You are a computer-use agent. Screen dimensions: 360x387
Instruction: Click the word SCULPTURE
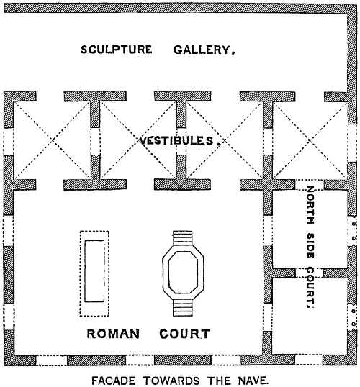(116, 50)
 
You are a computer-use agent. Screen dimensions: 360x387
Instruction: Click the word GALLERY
(204, 50)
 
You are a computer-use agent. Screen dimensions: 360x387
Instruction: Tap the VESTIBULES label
(179, 141)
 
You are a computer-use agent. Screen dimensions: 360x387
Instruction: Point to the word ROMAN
(113, 334)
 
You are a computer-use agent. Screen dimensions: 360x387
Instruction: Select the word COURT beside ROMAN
(185, 334)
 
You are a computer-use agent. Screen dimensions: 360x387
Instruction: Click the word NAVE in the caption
(253, 381)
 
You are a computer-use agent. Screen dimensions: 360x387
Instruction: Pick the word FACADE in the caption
(114, 381)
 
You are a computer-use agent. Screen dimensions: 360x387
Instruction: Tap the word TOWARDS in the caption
(171, 381)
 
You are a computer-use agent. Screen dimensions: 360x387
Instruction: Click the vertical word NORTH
(310, 205)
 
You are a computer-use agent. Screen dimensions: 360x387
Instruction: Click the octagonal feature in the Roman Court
(183, 273)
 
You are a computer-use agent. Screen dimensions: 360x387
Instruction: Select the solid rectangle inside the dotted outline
(94, 271)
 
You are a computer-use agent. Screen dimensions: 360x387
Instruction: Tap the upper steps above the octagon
(182, 238)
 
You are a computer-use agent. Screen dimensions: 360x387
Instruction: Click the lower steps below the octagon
(182, 308)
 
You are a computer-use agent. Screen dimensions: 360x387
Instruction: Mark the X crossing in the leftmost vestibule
(52, 140)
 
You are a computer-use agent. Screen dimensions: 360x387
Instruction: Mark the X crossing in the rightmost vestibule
(310, 140)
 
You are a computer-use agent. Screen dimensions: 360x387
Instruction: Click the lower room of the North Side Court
(310, 317)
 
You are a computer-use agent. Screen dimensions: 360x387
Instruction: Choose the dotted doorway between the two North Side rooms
(310, 273)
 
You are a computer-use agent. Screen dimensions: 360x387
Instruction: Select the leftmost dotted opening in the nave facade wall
(52, 360)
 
